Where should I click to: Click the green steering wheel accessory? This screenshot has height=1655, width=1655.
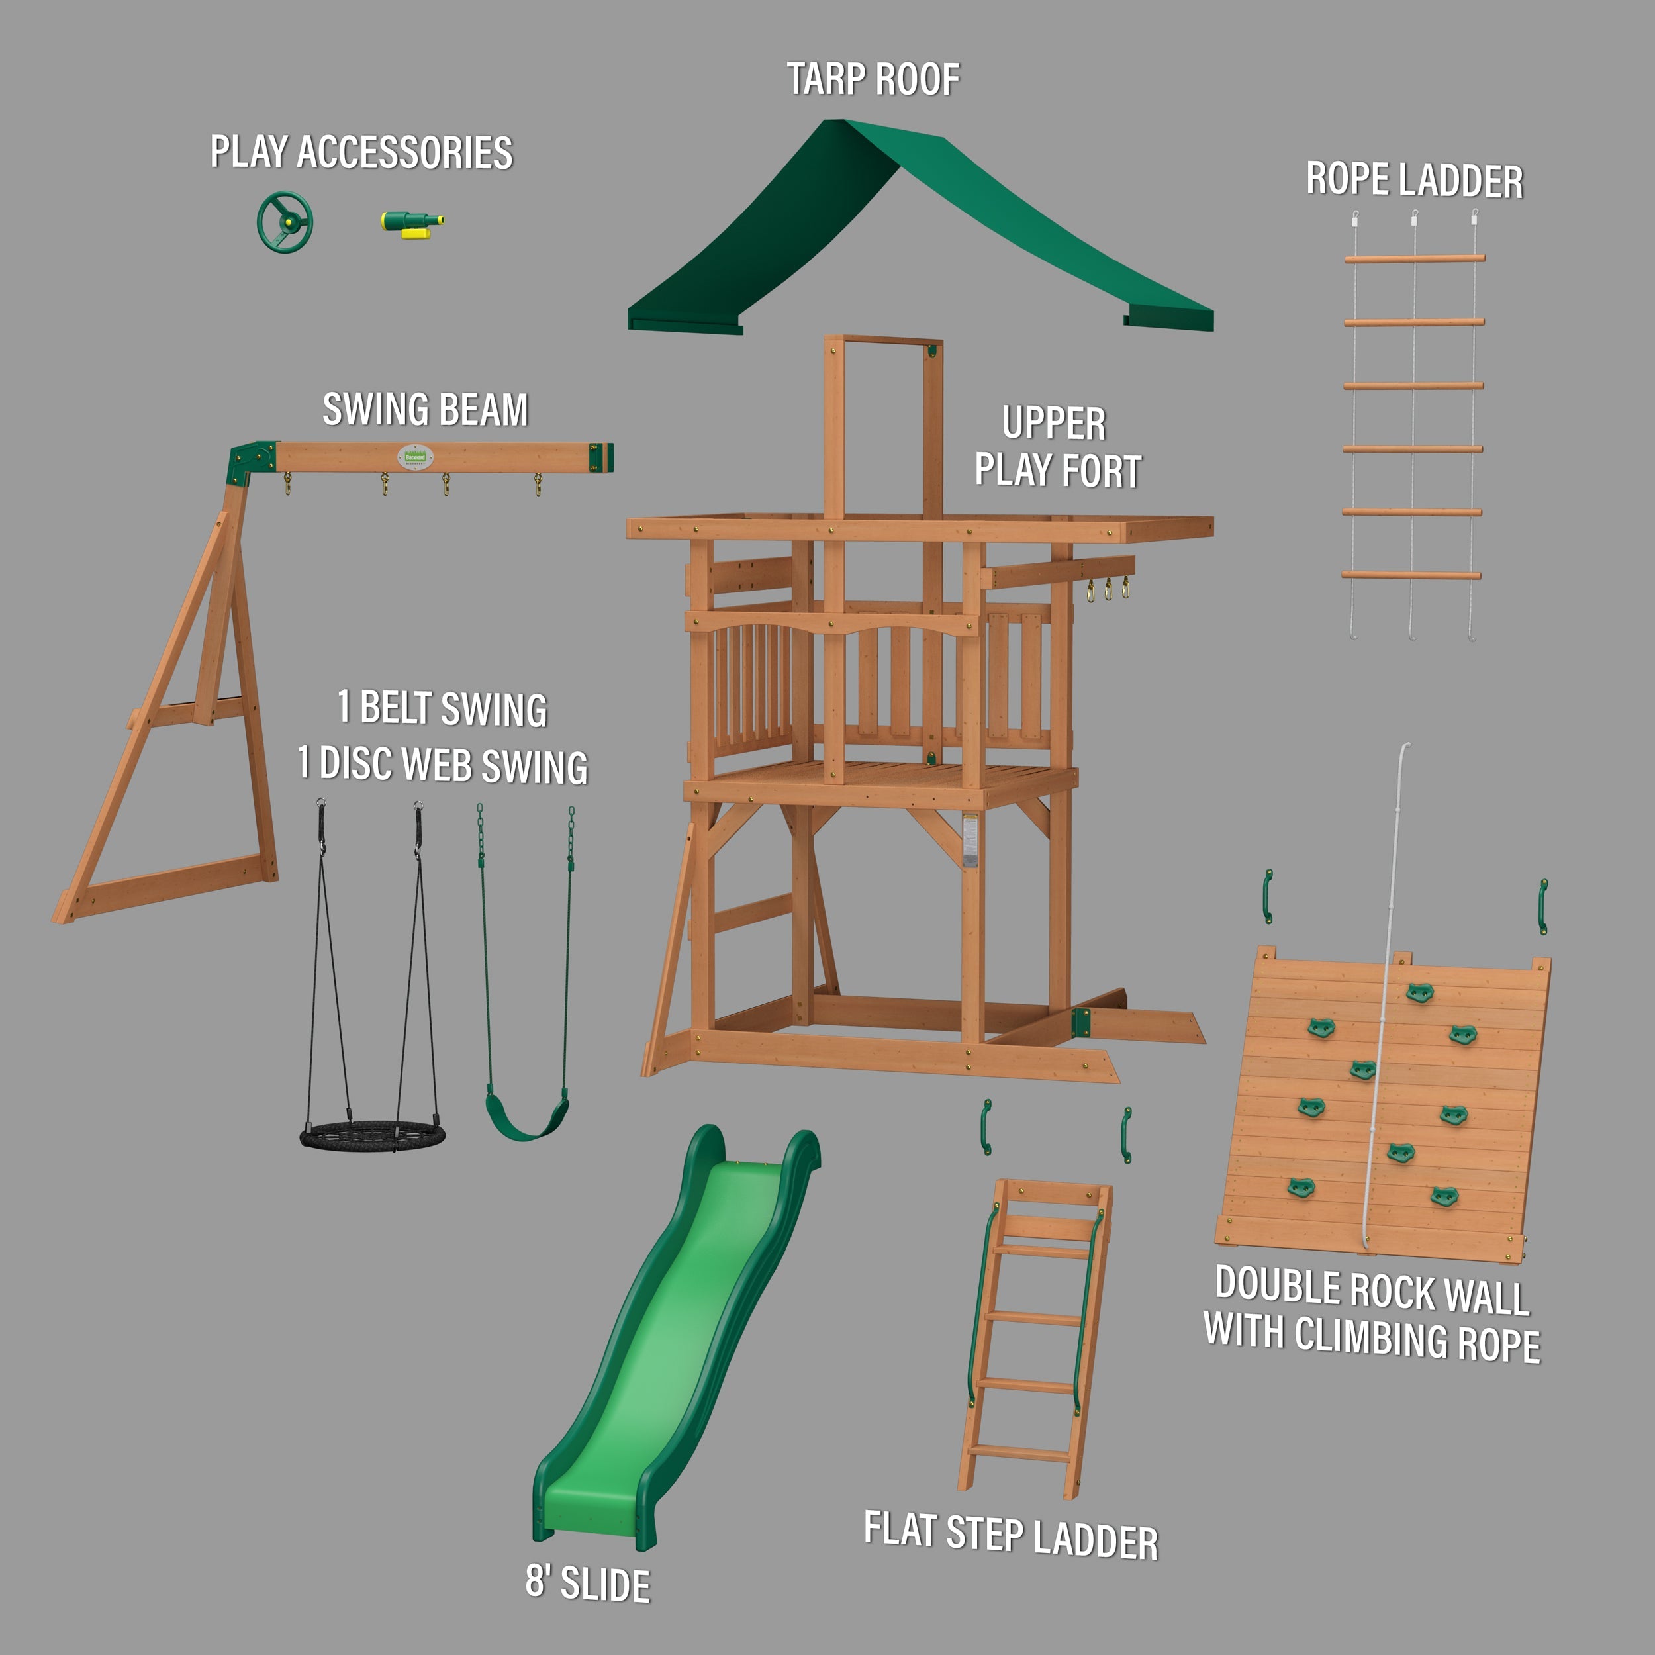pyautogui.click(x=285, y=221)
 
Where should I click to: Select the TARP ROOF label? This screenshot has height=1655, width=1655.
pyautogui.click(x=873, y=79)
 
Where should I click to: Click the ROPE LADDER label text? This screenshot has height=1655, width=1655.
pyautogui.click(x=1414, y=181)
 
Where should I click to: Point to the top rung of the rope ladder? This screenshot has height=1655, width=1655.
pyautogui.click(x=1414, y=258)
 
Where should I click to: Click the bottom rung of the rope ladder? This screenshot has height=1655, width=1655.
pyautogui.click(x=1411, y=575)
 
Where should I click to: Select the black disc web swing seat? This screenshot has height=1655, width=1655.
pyautogui.click(x=373, y=1137)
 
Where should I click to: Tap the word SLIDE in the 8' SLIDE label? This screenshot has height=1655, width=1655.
pyautogui.click(x=605, y=1584)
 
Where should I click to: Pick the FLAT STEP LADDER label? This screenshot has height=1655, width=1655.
pyautogui.click(x=1011, y=1536)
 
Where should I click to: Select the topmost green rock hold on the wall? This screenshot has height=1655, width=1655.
pyautogui.click(x=1419, y=994)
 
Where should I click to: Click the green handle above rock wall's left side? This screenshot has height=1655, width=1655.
pyautogui.click(x=1268, y=896)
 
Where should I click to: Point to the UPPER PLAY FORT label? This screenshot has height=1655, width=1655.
pyautogui.click(x=1057, y=447)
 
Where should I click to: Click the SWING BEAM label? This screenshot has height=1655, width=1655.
pyautogui.click(x=425, y=410)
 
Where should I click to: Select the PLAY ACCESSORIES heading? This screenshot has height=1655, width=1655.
pyautogui.click(x=361, y=152)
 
